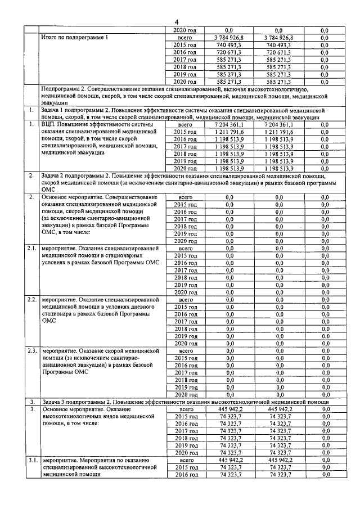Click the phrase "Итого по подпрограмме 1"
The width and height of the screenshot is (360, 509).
[75, 37]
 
